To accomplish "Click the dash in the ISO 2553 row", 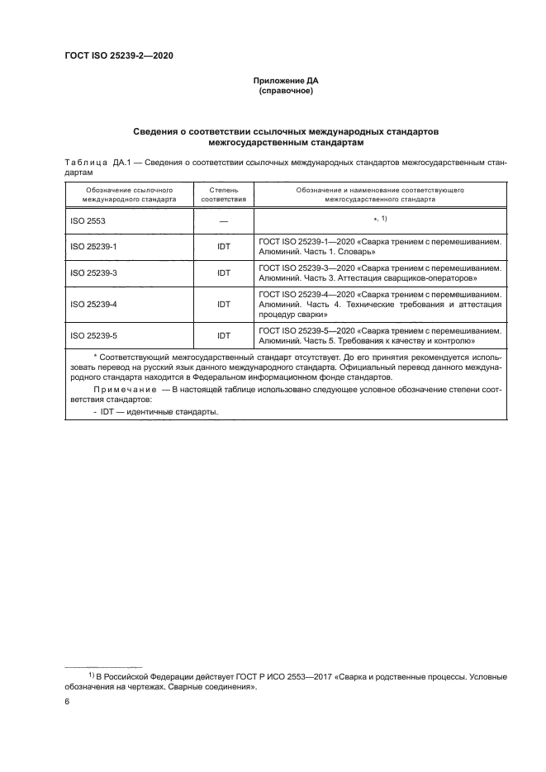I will (x=223, y=221).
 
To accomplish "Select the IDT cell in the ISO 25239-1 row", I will (x=223, y=246).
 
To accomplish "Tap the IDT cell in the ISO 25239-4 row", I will (x=223, y=303).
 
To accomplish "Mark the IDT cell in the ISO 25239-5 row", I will (x=223, y=335).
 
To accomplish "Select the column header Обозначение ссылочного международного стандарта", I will (x=129, y=195).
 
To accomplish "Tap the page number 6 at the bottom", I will (x=67, y=701).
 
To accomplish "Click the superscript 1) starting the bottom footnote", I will (x=93, y=675).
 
